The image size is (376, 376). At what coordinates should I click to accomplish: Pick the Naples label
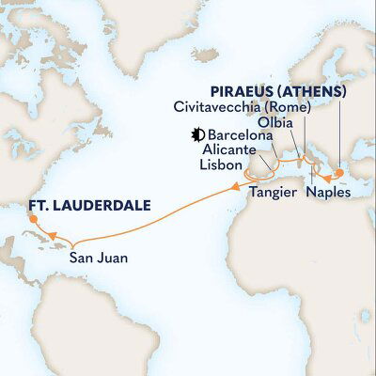pyautogui.click(x=328, y=191)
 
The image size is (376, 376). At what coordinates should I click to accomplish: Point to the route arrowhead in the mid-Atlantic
pyautogui.click(x=230, y=191)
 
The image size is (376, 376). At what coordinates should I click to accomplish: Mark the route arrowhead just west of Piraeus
pyautogui.click(x=322, y=175)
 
